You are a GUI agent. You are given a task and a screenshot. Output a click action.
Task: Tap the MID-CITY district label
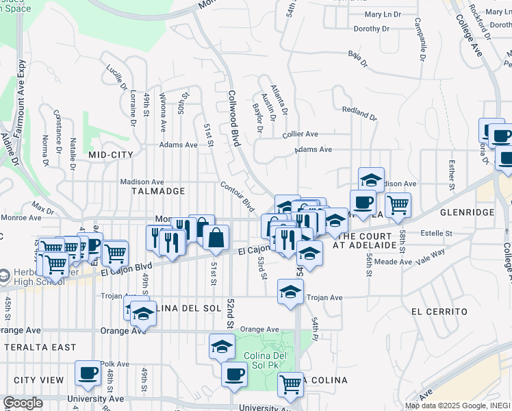111,155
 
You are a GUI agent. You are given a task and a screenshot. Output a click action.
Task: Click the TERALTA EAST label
40,347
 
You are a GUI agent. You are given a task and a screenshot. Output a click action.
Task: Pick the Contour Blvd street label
238,197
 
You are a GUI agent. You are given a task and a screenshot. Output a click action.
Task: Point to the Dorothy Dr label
372,29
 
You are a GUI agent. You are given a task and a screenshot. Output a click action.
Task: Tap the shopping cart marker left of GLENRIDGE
397,203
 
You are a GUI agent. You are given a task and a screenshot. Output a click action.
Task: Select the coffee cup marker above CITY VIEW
88,373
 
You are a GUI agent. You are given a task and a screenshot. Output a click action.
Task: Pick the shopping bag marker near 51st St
216,238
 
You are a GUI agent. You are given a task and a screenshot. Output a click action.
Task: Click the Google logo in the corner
23,403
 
